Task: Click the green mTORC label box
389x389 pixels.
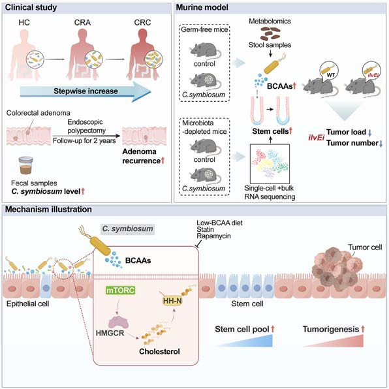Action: (121, 290)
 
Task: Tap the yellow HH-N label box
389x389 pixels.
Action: (172, 301)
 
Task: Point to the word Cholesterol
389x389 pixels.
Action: (159, 351)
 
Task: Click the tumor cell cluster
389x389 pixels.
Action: (334, 269)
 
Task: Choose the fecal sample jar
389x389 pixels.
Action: (26, 166)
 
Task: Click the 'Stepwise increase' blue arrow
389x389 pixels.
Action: (86, 91)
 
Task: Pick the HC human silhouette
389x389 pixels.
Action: (24, 55)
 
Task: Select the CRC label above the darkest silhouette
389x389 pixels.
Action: (142, 22)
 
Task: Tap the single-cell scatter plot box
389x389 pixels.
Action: (270, 164)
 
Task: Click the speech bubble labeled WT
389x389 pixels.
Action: (329, 72)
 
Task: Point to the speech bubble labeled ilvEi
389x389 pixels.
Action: (371, 72)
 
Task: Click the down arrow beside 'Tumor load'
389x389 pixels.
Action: (369, 132)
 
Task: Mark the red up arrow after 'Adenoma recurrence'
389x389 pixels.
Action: (163, 161)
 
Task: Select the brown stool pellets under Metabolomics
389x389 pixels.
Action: (270, 33)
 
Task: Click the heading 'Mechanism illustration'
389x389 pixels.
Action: (48, 210)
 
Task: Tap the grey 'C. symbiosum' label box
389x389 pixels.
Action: (127, 228)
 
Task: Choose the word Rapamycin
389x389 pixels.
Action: (213, 236)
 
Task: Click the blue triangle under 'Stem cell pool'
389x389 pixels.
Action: (245, 341)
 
